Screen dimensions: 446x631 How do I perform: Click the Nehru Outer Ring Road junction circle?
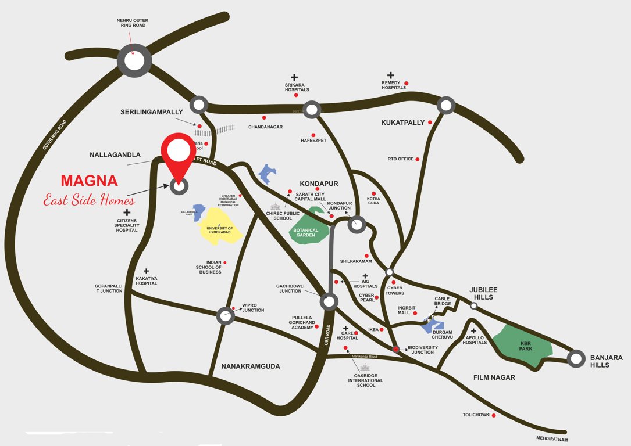(x=134, y=60)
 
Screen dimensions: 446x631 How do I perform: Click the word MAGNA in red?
(x=90, y=181)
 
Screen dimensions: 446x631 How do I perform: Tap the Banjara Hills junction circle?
(x=576, y=359)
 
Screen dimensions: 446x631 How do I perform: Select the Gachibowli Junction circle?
(x=329, y=301)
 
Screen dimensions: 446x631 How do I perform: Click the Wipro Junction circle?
(x=225, y=316)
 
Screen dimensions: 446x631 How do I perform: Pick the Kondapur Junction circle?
(x=357, y=225)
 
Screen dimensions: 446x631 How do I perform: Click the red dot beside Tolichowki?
(x=494, y=415)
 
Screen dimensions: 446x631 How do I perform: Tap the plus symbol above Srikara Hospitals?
(x=294, y=77)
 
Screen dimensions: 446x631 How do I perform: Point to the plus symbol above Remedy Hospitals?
(x=391, y=75)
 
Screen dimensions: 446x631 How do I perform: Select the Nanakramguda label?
(x=251, y=366)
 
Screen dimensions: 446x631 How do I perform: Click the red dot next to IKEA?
(x=382, y=330)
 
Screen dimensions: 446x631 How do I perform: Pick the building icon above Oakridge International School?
(x=364, y=367)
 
